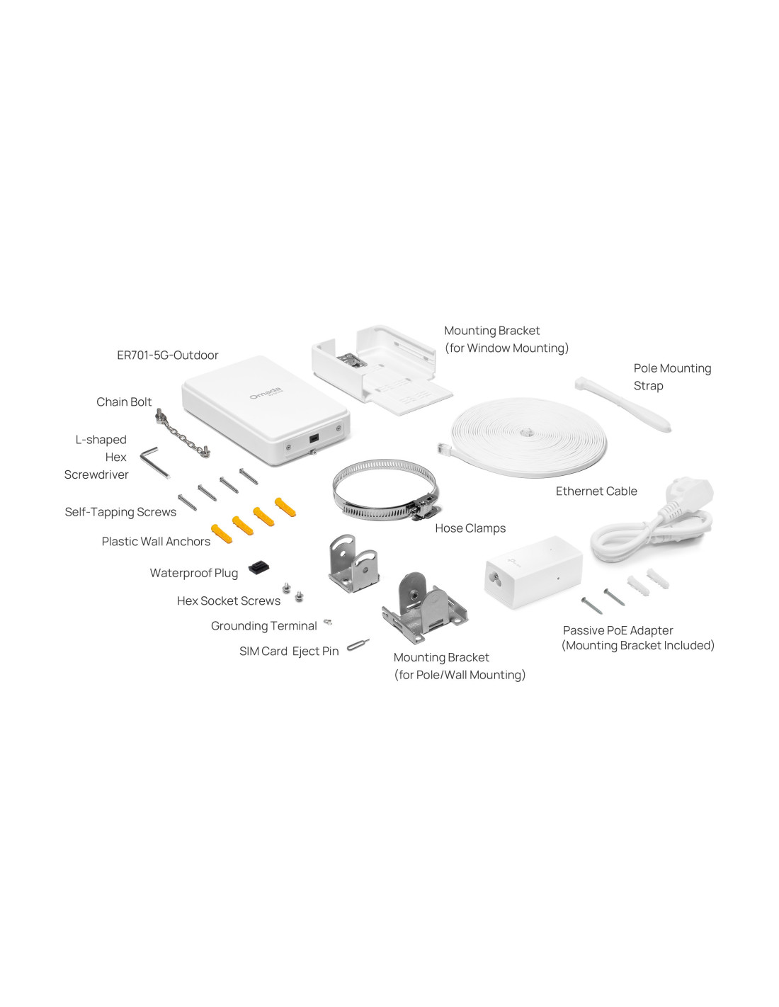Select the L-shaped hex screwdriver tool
click(x=155, y=462)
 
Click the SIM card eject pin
click(x=358, y=644)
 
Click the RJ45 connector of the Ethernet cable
click(x=445, y=448)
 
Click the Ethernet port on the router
click(x=314, y=438)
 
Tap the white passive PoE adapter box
click(x=533, y=571)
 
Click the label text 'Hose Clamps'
click(x=470, y=528)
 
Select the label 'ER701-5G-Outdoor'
click(x=167, y=355)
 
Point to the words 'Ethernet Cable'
click(x=596, y=491)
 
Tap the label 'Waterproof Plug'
click(x=194, y=573)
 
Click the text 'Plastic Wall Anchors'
click(x=156, y=541)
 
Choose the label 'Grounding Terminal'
click(x=263, y=626)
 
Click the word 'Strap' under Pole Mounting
click(x=648, y=386)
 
